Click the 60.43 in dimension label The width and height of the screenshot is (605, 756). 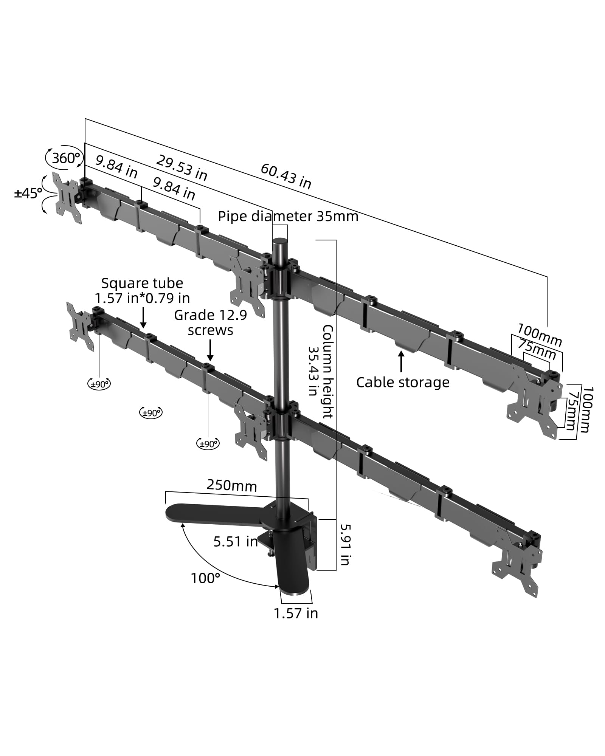point(286,177)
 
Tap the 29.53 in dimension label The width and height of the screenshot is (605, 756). point(181,168)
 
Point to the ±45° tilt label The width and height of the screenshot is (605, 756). point(28,194)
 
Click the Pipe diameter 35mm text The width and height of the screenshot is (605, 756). point(288,217)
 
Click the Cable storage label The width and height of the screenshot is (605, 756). point(403,382)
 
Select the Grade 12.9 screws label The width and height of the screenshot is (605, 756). point(210,322)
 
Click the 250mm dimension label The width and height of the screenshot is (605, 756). point(231,485)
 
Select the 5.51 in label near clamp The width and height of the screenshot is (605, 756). point(235,542)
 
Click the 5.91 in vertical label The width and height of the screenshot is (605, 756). point(344,544)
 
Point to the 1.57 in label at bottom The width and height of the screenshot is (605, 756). point(296,613)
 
